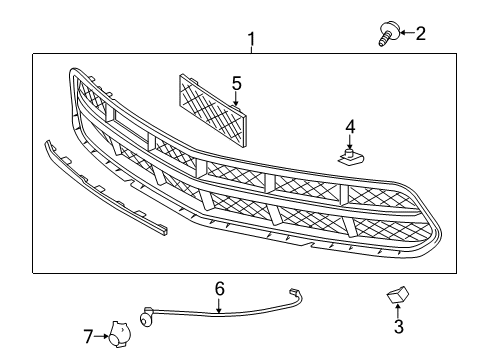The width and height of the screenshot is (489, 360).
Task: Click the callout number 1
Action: click(251, 39)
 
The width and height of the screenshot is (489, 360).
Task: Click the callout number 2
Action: click(420, 34)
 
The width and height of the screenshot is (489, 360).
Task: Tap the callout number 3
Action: click(397, 326)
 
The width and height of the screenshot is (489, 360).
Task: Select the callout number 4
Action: click(351, 126)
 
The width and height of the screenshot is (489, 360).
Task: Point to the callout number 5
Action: click(237, 83)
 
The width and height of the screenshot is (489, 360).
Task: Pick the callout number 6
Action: click(220, 289)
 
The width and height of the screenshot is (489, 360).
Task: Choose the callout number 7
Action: click(88, 336)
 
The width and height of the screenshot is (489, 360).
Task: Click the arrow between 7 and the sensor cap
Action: click(102, 336)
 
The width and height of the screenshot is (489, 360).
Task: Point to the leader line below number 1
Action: click(251, 49)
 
